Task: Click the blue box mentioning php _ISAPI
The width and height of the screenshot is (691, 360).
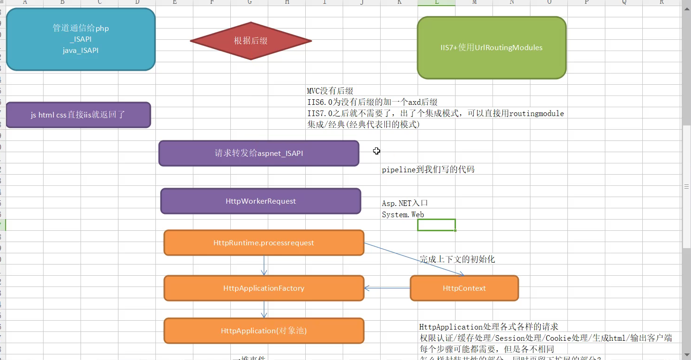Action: tap(81, 39)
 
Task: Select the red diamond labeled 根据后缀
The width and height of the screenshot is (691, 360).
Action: tap(251, 41)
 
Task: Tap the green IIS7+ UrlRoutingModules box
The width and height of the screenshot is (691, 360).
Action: tap(492, 48)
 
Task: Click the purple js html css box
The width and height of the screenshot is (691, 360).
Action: tap(78, 115)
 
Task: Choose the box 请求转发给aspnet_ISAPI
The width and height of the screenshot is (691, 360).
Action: tap(259, 153)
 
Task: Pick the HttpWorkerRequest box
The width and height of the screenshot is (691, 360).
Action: tap(261, 201)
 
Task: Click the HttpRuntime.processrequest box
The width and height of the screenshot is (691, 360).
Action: tap(264, 243)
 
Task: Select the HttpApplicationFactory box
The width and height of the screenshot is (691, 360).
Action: tap(264, 288)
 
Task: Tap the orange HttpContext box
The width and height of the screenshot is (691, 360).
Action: tap(464, 288)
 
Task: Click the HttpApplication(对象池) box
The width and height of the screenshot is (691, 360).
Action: tap(264, 331)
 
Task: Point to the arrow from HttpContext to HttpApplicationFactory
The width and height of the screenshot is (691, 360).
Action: tap(387, 288)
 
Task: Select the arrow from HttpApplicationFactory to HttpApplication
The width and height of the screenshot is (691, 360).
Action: tap(265, 309)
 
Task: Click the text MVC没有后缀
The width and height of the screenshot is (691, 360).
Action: tap(330, 91)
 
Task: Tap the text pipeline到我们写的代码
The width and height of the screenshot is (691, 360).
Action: tap(428, 170)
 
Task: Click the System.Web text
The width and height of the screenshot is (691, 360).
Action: tap(403, 215)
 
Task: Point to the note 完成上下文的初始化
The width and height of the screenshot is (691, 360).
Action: tap(457, 259)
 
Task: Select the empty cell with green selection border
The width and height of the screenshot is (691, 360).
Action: tap(436, 225)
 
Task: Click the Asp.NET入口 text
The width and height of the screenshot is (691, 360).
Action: tap(405, 203)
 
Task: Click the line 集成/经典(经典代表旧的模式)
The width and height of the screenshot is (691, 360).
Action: tap(363, 125)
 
